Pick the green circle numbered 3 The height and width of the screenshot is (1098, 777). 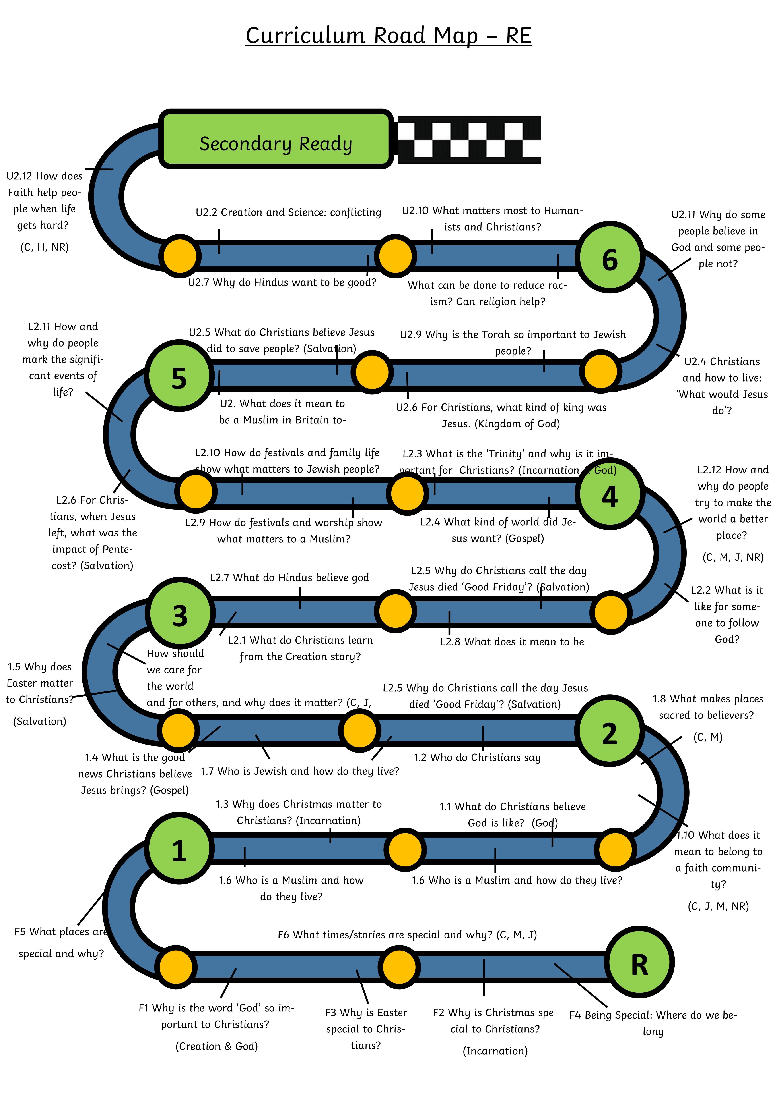pyautogui.click(x=180, y=615)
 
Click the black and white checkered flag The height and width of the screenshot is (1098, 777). pyautogui.click(x=469, y=140)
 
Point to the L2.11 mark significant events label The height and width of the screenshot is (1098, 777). pyautogui.click(x=63, y=359)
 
